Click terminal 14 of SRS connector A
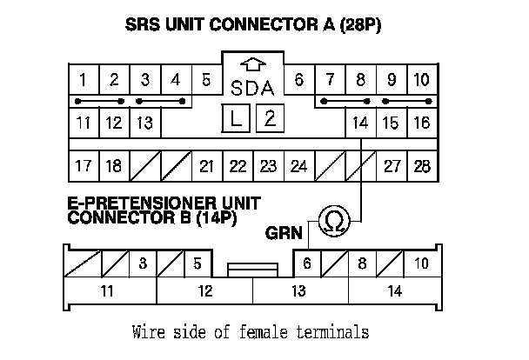tap(361, 123)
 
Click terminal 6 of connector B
tap(307, 263)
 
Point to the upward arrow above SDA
tap(252, 65)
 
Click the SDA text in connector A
tap(252, 88)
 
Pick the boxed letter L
tap(237, 119)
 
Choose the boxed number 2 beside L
tap(269, 118)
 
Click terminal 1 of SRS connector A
tap(83, 81)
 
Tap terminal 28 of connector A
tap(422, 165)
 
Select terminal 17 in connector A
tap(83, 165)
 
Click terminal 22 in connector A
tap(238, 165)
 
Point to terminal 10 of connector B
tap(421, 263)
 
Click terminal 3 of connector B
tap(143, 263)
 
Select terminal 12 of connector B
tap(204, 291)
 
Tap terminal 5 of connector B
tap(198, 263)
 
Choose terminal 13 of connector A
tap(144, 123)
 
